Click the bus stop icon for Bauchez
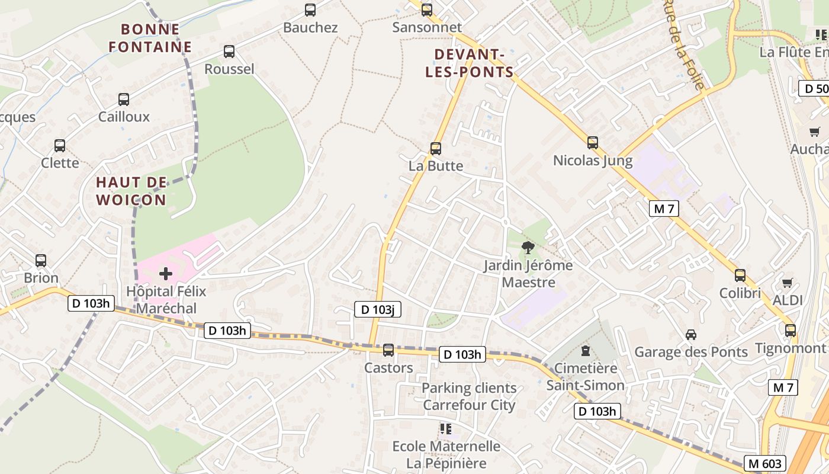tap(310, 9)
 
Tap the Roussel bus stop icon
tap(229, 52)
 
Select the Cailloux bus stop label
tap(124, 117)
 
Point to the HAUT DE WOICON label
tap(131, 191)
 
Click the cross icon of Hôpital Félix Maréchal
tap(166, 274)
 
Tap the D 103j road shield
tap(378, 309)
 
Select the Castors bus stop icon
tap(388, 350)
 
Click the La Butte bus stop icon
tap(436, 148)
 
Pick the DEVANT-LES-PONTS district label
tap(474, 63)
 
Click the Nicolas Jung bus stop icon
tap(593, 143)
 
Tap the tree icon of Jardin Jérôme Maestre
tap(528, 248)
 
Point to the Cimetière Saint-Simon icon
tap(586, 351)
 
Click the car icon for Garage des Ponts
tap(691, 335)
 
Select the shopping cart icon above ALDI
tap(787, 283)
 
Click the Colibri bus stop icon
tap(740, 275)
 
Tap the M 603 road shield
tap(766, 463)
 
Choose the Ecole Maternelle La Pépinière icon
tap(445, 428)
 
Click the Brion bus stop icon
tap(41, 260)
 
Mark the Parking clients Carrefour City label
tap(469, 397)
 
